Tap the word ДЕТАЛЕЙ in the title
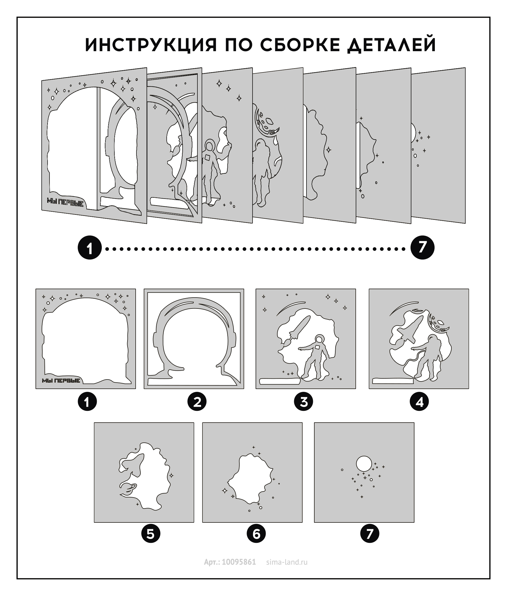click(x=392, y=45)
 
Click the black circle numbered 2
click(x=197, y=402)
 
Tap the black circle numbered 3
click(x=303, y=402)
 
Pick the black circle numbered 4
click(x=419, y=402)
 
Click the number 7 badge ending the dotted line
click(x=422, y=248)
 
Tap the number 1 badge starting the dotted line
click(x=90, y=248)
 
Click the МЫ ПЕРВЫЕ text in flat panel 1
click(x=61, y=380)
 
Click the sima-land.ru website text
click(x=287, y=562)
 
